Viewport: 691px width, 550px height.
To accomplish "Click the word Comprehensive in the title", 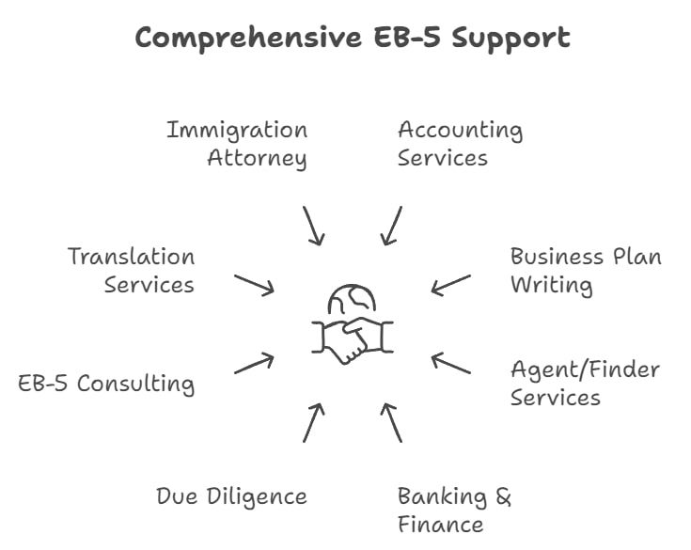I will [240, 39].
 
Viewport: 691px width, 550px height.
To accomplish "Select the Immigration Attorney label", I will [238, 143].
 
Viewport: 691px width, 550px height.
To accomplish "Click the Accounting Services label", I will [460, 143].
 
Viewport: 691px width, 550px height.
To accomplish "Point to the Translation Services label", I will [132, 270].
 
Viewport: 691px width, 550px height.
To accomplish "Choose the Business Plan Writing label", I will [586, 270].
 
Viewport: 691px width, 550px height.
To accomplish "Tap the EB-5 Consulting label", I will [107, 384].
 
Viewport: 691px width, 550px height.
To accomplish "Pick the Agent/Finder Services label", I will [585, 383].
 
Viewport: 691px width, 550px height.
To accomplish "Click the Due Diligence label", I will [231, 495].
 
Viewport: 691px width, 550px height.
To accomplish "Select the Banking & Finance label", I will [454, 510].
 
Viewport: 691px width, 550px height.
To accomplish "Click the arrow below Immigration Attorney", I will [313, 226].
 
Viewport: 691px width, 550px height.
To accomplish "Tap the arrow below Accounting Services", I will [392, 226].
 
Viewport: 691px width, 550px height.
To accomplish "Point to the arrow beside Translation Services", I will [254, 284].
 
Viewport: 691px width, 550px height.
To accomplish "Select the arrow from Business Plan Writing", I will [451, 284].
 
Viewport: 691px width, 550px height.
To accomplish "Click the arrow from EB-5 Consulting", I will [254, 364].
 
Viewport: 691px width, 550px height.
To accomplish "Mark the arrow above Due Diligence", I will [313, 422].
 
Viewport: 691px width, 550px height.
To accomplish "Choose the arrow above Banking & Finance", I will [392, 422].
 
